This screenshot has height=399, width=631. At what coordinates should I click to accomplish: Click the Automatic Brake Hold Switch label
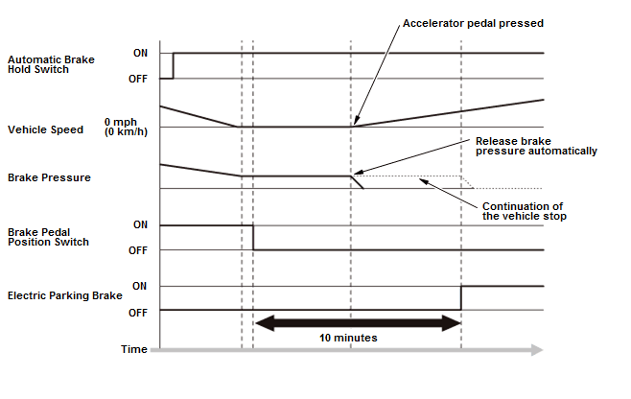coord(51,64)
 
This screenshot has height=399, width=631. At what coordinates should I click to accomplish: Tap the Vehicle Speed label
coord(45,129)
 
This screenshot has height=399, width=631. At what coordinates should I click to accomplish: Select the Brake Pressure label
coord(49,177)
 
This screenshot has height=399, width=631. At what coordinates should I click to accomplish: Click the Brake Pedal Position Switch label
coord(48,237)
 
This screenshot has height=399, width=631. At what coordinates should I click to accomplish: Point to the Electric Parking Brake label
coord(65,295)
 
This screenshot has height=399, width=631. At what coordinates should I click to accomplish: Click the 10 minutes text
coord(348,338)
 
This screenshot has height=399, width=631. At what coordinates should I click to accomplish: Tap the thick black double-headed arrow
coord(358,323)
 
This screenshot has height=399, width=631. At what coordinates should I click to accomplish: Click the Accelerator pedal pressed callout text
coord(474,23)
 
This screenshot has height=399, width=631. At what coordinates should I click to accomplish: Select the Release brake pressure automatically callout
coord(536,146)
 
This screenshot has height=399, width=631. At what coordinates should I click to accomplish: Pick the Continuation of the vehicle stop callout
coord(525,211)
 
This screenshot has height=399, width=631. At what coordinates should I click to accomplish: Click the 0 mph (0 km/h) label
coord(126,127)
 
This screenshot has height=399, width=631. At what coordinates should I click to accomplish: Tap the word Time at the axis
coord(134,349)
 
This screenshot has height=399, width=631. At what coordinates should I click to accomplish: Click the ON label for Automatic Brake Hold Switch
coord(140,53)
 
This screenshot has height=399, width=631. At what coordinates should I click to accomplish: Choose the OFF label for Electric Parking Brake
coord(138,313)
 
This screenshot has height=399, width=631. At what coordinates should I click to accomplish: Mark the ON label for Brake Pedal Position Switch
coord(140,224)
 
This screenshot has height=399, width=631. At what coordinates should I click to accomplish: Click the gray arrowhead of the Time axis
coord(537,350)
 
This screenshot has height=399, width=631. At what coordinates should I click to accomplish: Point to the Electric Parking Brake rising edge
coord(461,298)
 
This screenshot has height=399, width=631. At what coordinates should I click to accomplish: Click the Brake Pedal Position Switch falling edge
coord(253,238)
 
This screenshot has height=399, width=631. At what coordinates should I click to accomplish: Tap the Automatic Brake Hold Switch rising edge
coord(173,65)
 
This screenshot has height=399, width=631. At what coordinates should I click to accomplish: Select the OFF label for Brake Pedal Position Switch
coord(138,250)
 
